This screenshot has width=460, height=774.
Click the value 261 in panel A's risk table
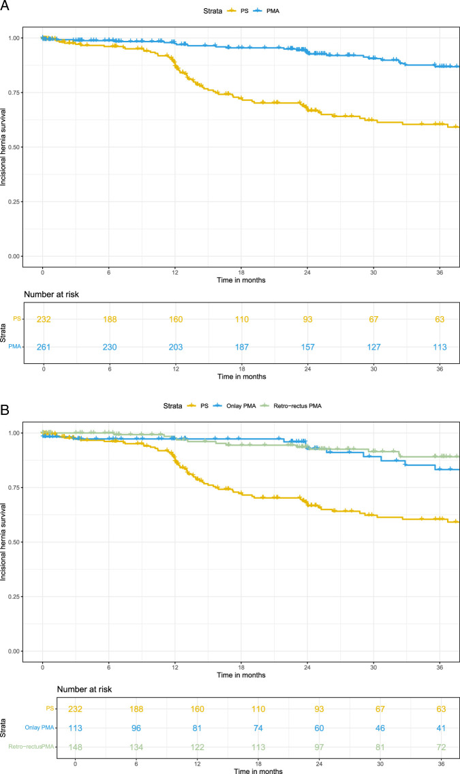[x=44, y=347]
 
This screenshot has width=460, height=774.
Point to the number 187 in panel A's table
[x=242, y=347]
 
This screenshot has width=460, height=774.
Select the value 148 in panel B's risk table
[x=76, y=747]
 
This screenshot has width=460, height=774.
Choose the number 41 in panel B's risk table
[x=440, y=728]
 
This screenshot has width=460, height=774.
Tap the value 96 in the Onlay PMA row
[x=136, y=728]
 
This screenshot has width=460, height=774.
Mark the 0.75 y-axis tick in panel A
[x=16, y=92]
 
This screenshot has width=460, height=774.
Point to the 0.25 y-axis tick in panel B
[x=16, y=596]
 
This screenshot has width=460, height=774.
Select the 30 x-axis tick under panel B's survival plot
[x=373, y=667]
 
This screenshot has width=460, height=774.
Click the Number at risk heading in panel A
[x=51, y=294]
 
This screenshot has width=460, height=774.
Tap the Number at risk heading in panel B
[x=85, y=689]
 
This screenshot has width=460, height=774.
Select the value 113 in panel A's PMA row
[x=440, y=347]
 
